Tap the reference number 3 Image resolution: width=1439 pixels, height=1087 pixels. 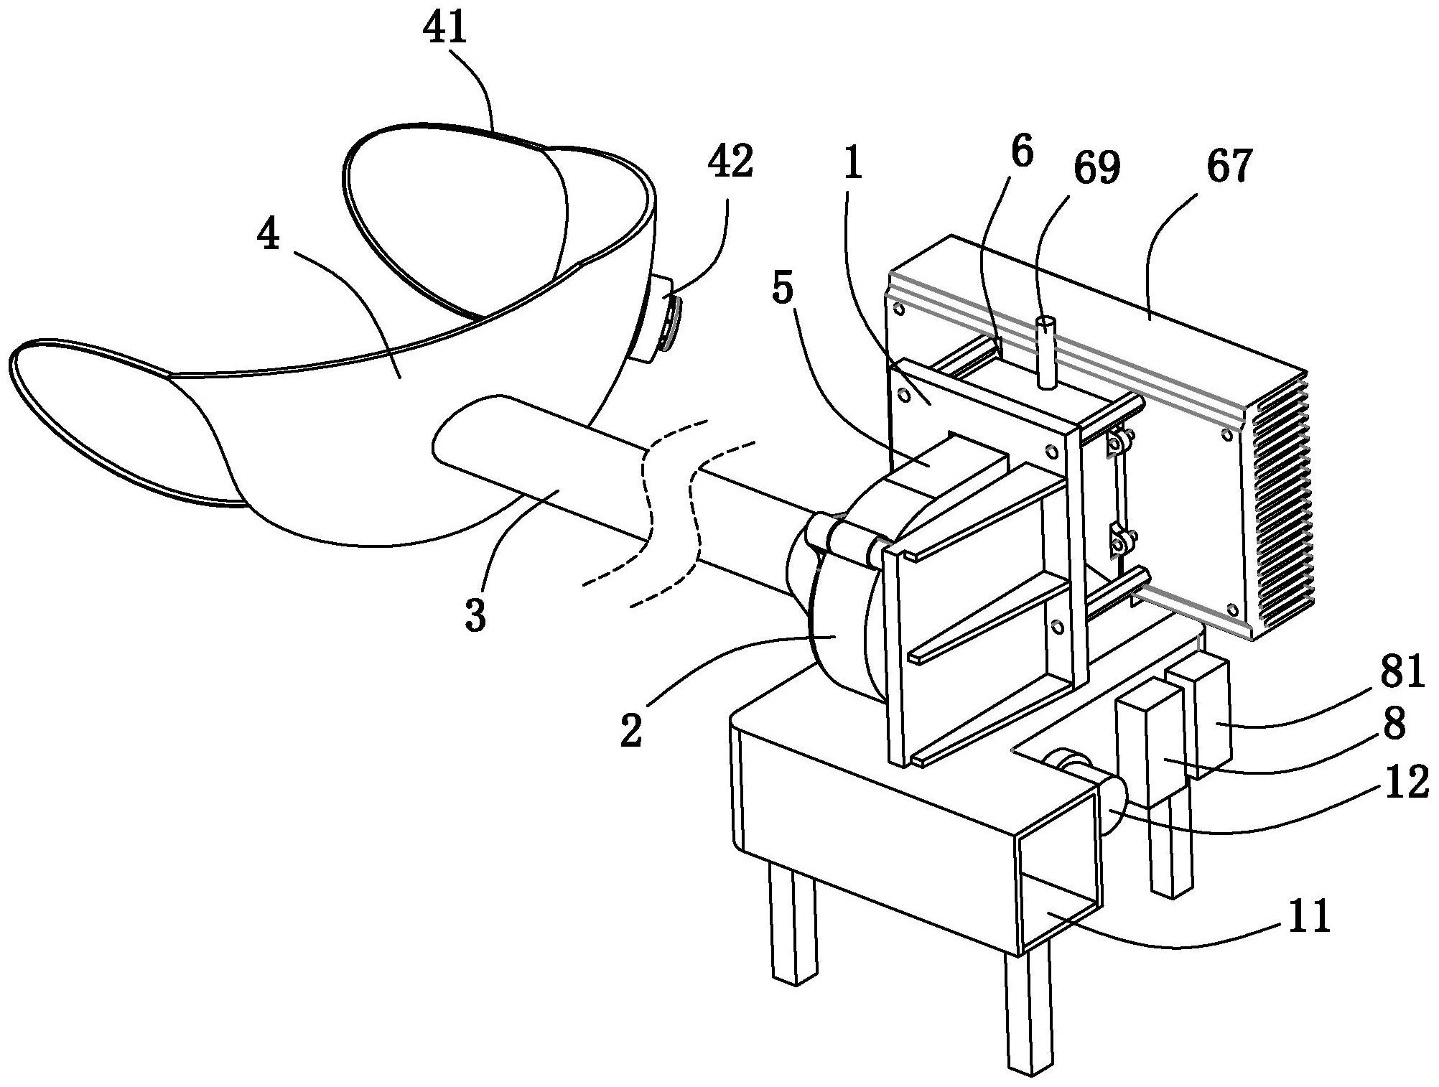475,615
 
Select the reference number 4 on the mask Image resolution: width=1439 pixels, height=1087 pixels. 269,235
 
